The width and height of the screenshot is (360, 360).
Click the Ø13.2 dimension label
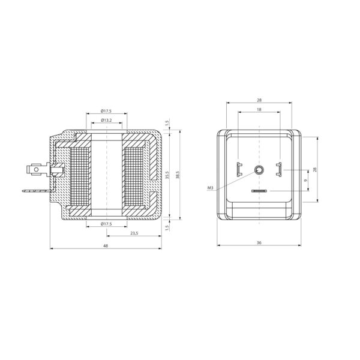point(106,120)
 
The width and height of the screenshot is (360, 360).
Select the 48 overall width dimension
point(106,245)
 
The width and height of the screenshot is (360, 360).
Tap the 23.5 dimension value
point(134,233)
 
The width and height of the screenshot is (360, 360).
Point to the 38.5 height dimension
point(177,175)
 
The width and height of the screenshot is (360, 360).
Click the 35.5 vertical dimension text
point(167,175)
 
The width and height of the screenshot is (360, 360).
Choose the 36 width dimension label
point(259,242)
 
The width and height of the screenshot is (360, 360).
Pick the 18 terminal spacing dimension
point(259,110)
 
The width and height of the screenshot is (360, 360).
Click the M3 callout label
point(211,188)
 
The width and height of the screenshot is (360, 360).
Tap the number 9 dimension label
point(305,181)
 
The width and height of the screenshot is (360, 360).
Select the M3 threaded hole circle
point(259,170)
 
